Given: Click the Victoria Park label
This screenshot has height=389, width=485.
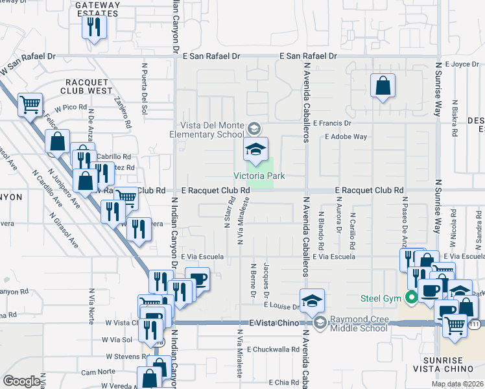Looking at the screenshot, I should click(x=259, y=176).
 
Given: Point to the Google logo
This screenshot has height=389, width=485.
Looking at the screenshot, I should click(x=21, y=381).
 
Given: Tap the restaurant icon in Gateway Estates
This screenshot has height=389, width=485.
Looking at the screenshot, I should click(x=94, y=27).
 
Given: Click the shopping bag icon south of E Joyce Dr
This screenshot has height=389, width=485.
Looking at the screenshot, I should click(x=383, y=85).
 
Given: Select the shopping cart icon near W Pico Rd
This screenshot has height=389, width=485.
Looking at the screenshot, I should click(x=30, y=104).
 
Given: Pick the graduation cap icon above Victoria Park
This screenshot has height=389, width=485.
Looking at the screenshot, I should click(x=255, y=149).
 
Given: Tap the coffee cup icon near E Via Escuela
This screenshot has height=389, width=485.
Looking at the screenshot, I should click(x=197, y=279).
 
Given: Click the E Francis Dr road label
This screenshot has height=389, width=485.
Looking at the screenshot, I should click(x=332, y=123).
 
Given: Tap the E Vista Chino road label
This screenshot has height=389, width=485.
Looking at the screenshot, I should click(x=273, y=323).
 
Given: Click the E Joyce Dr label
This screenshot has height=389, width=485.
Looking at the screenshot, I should click(x=459, y=64).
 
